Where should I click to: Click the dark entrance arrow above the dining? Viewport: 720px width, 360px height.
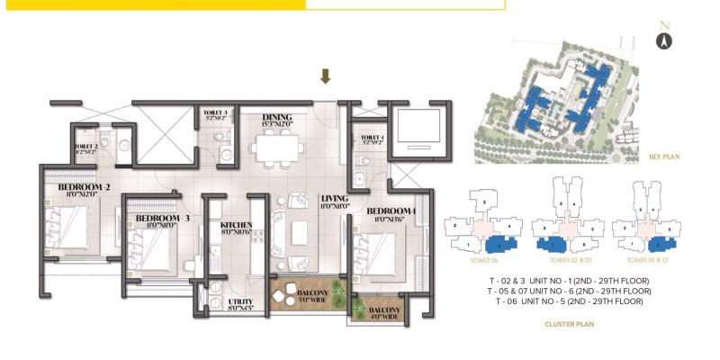click(x=326, y=77)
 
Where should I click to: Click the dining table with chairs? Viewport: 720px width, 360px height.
click(x=275, y=145)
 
